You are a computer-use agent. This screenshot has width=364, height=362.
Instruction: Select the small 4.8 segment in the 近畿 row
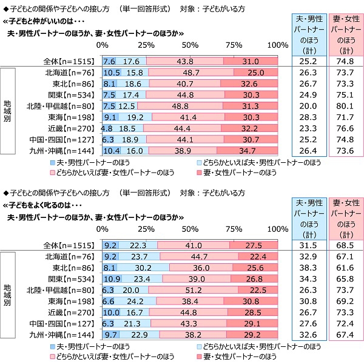[x=107, y=129]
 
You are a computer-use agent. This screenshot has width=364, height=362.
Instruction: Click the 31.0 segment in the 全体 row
[x=251, y=61]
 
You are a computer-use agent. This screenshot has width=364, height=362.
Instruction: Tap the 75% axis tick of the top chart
[x=234, y=46]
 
